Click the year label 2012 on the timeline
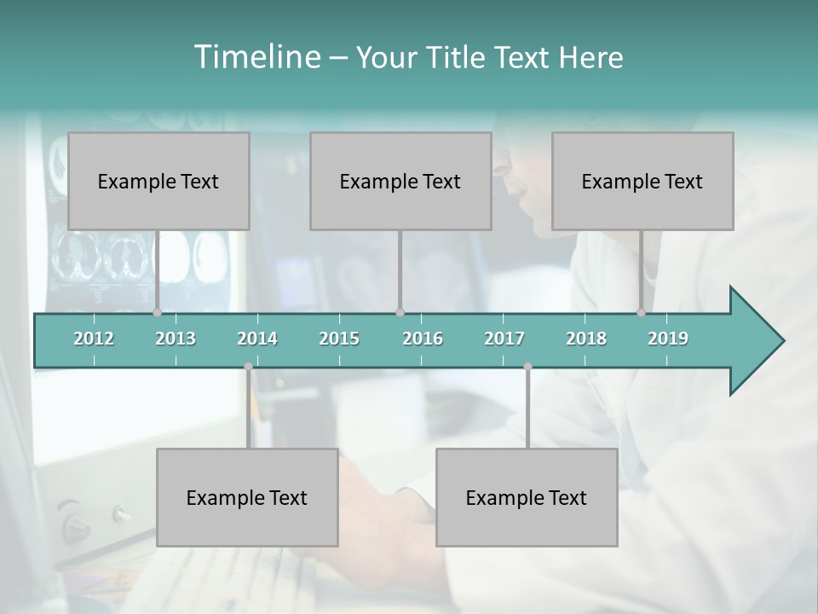(94, 339)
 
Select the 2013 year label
(176, 339)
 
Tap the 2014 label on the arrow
(257, 339)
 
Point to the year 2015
(339, 339)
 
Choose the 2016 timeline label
(423, 339)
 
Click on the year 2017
(504, 339)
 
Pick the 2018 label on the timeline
(586, 339)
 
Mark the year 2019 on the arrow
(668, 339)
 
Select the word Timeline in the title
(256, 57)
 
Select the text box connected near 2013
(158, 181)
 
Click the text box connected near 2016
(400, 181)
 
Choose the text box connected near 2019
(642, 181)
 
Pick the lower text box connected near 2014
(247, 497)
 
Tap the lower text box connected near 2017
(527, 497)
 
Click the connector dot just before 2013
(157, 313)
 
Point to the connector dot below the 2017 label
(527, 367)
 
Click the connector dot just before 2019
(641, 313)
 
